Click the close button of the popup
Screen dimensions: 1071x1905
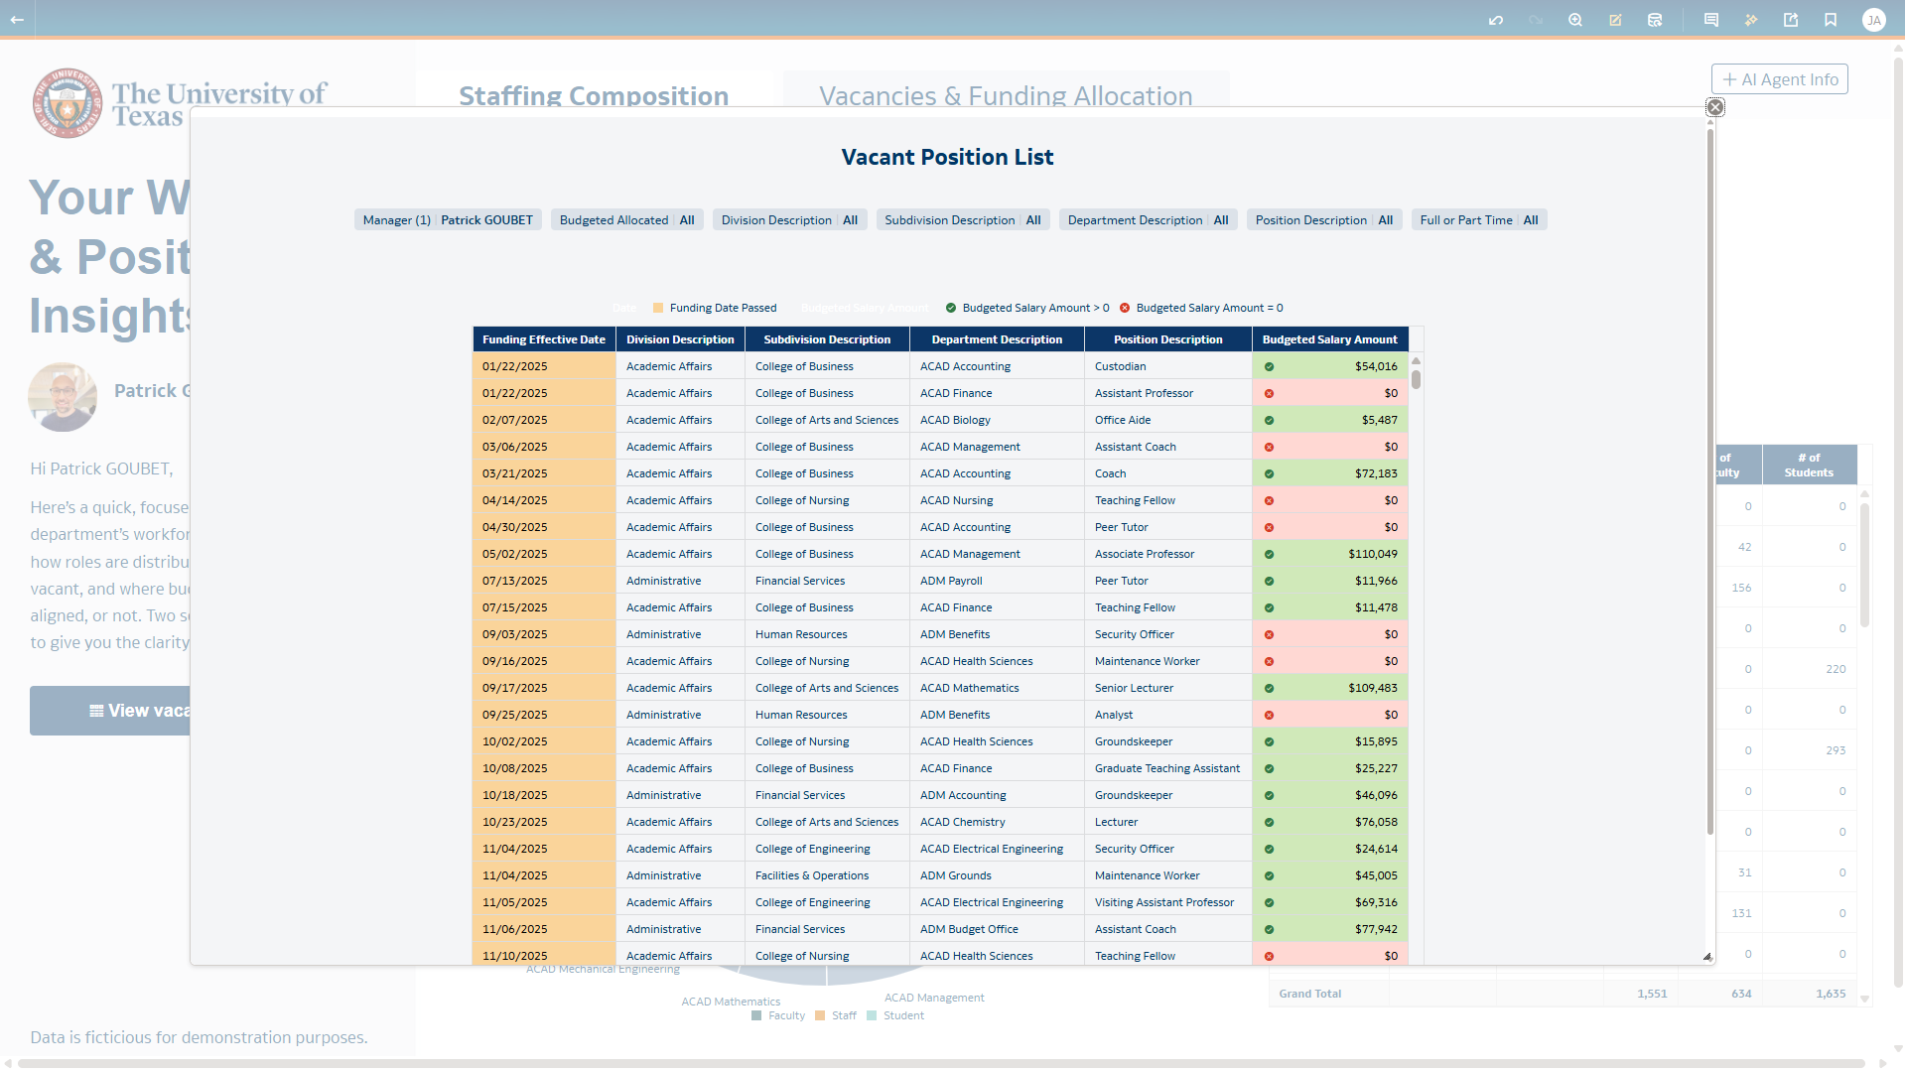pyautogui.click(x=1714, y=107)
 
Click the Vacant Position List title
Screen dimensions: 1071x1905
pyautogui.click(x=947, y=157)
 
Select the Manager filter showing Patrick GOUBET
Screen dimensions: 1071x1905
pyautogui.click(x=448, y=220)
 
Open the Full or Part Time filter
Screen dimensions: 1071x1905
pyautogui.click(x=1478, y=220)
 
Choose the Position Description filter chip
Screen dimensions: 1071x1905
pyautogui.click(x=1323, y=220)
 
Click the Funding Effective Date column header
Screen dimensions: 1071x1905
pyautogui.click(x=543, y=339)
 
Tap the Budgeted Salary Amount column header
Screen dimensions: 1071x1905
pyautogui.click(x=1329, y=339)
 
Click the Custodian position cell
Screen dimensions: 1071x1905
pyautogui.click(x=1120, y=366)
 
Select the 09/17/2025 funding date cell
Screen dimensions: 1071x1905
pyautogui.click(x=514, y=688)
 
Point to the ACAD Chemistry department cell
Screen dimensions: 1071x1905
pyautogui.click(x=962, y=822)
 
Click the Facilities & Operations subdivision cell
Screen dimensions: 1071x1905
pyautogui.click(x=811, y=875)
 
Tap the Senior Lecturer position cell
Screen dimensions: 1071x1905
pyautogui.click(x=1134, y=688)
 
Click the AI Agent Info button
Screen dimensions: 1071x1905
pyautogui.click(x=1780, y=79)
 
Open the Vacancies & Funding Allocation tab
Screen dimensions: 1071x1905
pyautogui.click(x=1005, y=95)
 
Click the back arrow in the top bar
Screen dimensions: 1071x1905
pyautogui.click(x=17, y=19)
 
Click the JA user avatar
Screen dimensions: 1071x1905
pyautogui.click(x=1873, y=20)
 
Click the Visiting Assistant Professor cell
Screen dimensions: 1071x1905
pyautogui.click(x=1163, y=902)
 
